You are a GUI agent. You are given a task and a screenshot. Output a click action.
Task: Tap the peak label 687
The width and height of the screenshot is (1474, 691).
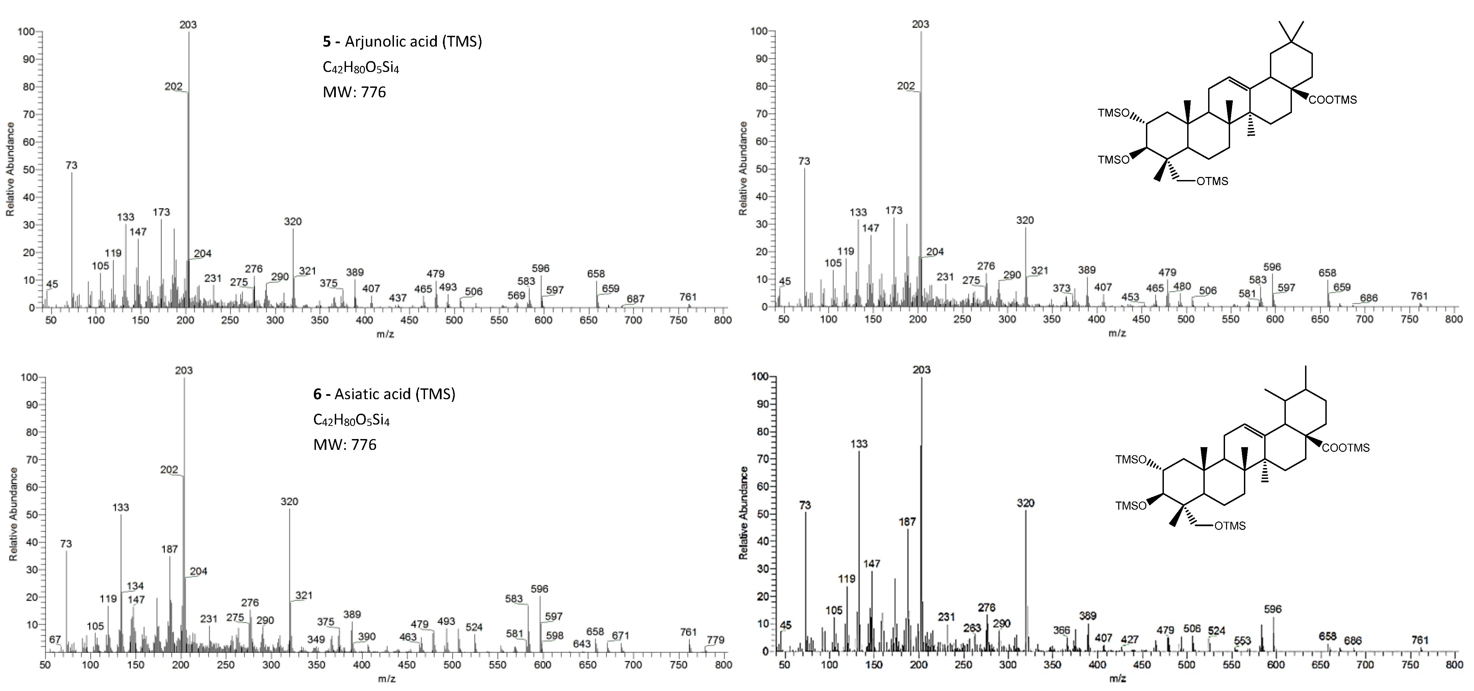click(x=635, y=299)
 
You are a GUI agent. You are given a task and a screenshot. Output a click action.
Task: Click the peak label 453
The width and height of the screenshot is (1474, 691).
click(x=1130, y=297)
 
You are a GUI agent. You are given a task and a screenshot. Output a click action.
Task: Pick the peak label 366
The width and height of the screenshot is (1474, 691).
click(x=1061, y=630)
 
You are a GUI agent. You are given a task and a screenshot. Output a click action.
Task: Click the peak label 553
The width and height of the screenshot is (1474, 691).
click(x=1242, y=641)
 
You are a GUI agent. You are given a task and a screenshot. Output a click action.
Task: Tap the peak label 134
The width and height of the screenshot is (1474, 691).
click(x=135, y=586)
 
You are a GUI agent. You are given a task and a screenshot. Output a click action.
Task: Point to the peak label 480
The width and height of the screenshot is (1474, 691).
click(x=1182, y=286)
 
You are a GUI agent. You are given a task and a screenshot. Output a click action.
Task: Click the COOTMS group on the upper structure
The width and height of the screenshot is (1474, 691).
click(x=1333, y=100)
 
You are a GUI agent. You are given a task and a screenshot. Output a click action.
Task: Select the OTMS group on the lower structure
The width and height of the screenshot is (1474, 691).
click(x=1230, y=526)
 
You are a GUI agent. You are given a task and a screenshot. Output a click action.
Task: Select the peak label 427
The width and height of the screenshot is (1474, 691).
click(x=1129, y=640)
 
